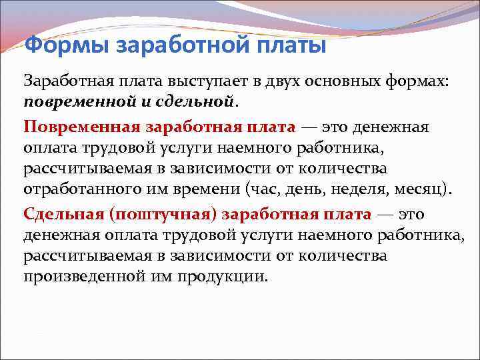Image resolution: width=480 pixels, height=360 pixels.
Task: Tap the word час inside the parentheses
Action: (x=263, y=189)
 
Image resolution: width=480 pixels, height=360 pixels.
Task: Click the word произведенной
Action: (x=81, y=277)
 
